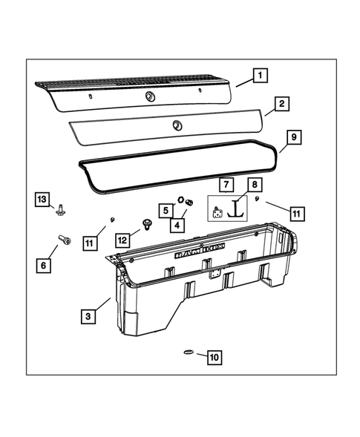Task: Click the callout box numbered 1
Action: click(261, 74)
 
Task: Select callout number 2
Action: click(280, 105)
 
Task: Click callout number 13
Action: click(43, 198)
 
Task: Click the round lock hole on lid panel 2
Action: click(177, 124)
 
